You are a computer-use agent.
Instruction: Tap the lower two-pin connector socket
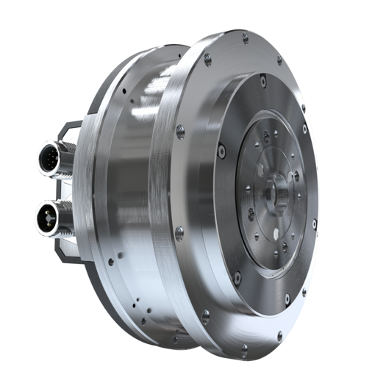[46, 218]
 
